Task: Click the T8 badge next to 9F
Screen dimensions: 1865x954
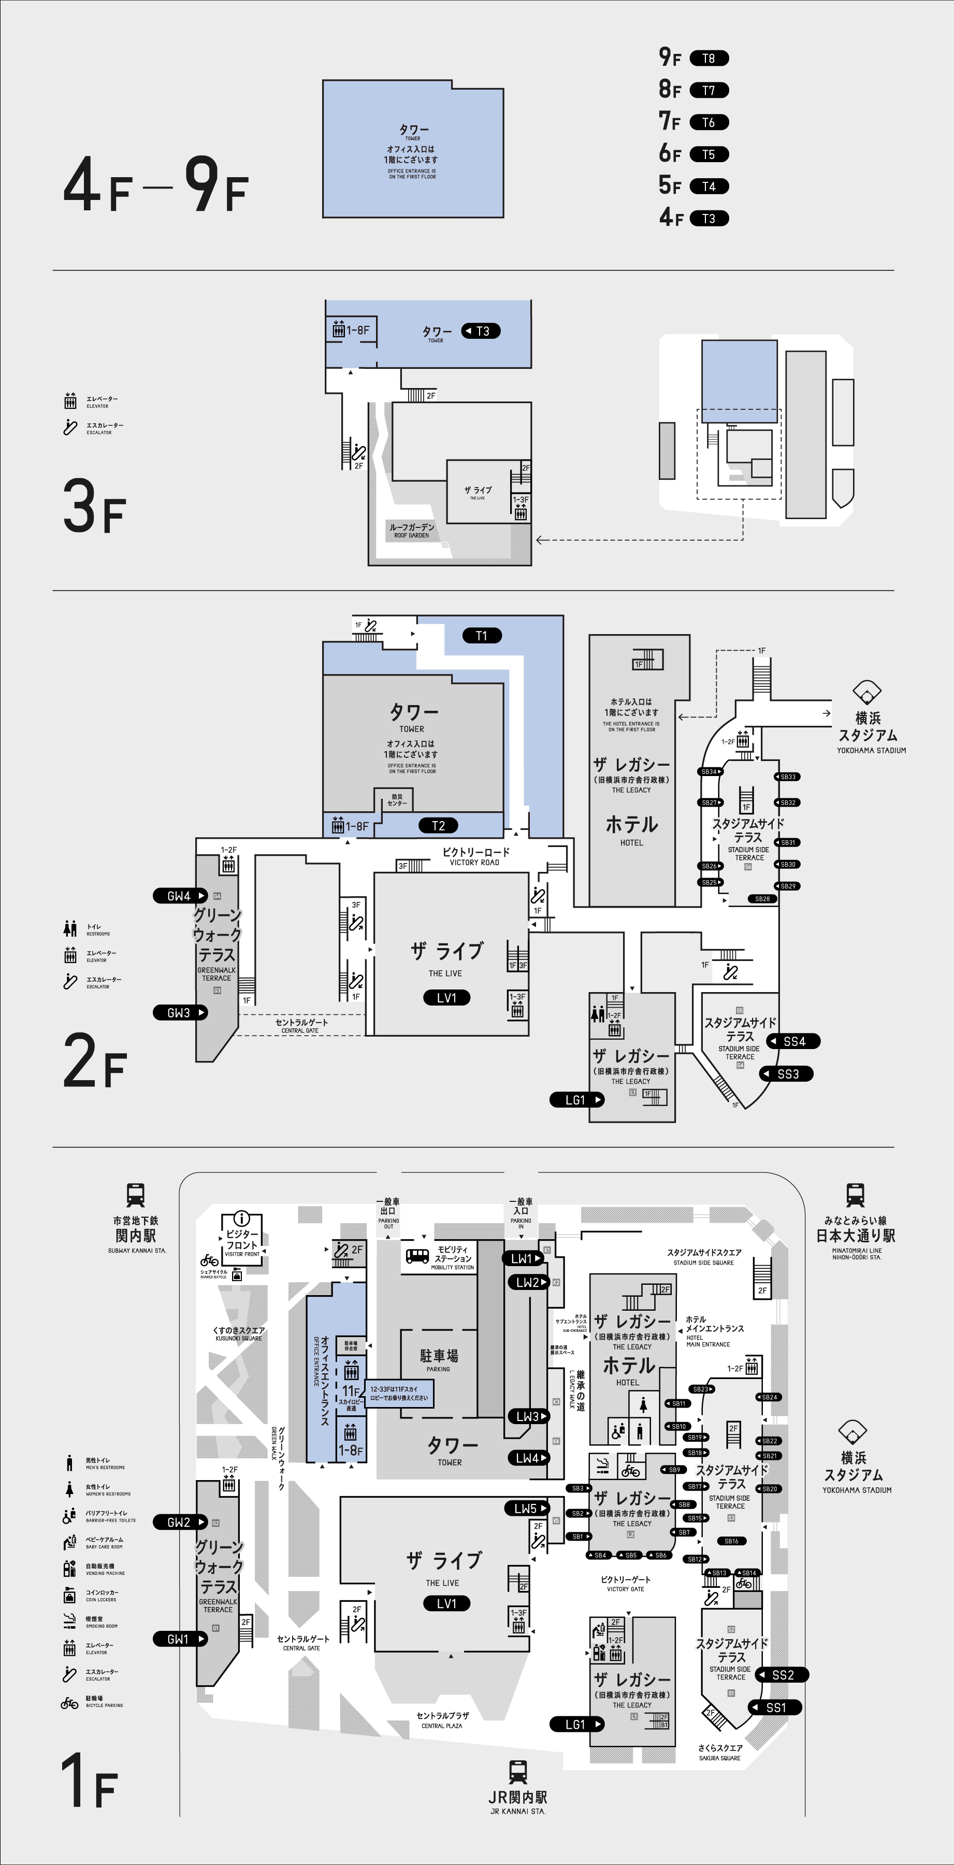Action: click(709, 59)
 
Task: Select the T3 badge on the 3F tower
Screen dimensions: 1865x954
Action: click(481, 331)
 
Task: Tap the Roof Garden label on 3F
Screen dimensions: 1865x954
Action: click(412, 530)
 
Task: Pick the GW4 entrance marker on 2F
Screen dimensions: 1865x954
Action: click(180, 896)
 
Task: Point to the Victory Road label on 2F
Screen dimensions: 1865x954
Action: click(475, 856)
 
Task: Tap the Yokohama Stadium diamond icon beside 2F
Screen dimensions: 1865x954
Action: click(867, 692)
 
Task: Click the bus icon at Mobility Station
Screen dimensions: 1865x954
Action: click(417, 1256)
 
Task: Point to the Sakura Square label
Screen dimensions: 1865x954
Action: click(719, 1752)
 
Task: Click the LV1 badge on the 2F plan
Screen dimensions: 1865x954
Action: click(446, 998)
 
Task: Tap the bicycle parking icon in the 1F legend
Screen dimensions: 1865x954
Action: click(69, 1703)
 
